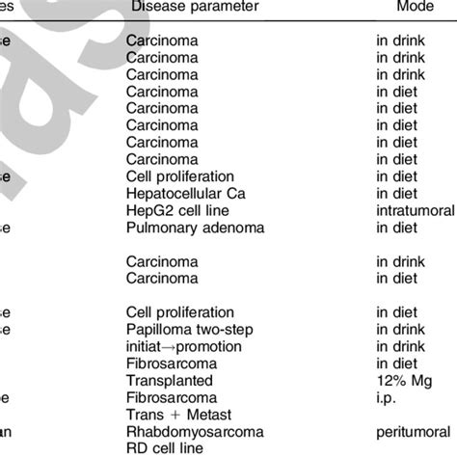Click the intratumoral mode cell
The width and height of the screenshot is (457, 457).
tap(414, 210)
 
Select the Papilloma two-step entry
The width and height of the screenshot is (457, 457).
tap(188, 329)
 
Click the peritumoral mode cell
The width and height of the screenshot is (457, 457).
tap(414, 430)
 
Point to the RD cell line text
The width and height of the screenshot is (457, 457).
tap(163, 446)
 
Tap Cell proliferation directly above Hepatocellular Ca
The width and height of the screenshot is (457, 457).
tap(180, 176)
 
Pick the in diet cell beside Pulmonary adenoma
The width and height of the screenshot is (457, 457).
tap(395, 228)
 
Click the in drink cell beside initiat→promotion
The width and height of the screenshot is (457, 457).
tap(400, 345)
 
